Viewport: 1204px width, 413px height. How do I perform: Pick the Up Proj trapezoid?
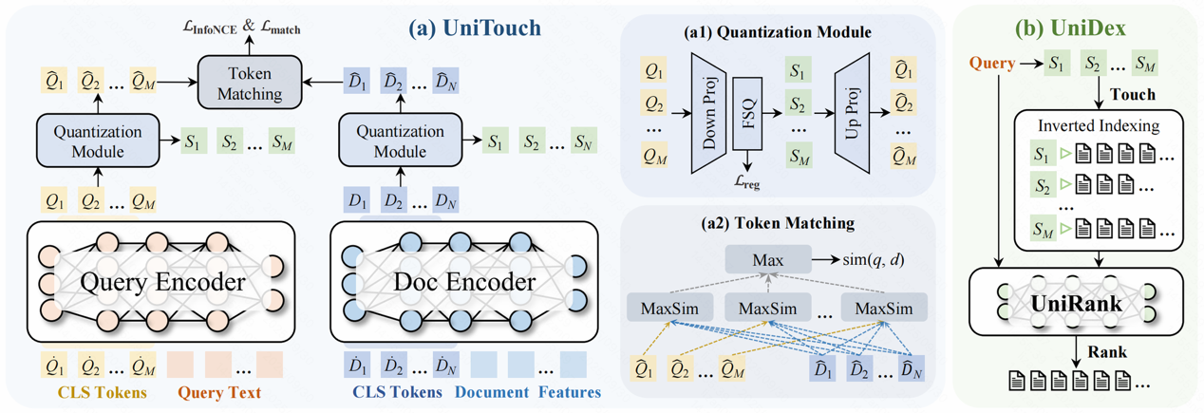tap(853, 111)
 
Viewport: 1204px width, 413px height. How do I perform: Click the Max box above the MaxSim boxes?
tap(766, 258)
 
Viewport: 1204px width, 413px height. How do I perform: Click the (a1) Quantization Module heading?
tap(777, 33)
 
